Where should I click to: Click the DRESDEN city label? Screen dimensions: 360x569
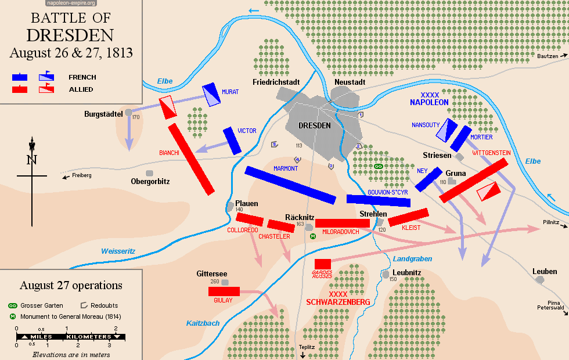pyautogui.click(x=314, y=125)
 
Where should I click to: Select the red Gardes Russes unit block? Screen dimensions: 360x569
pyautogui.click(x=322, y=264)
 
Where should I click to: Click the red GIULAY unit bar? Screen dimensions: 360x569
pyautogui.click(x=224, y=291)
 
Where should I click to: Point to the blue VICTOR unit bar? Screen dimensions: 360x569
pyautogui.click(x=233, y=141)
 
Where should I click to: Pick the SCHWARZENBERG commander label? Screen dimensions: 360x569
pyautogui.click(x=338, y=303)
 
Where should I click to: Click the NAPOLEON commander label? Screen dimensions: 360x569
pyautogui.click(x=429, y=102)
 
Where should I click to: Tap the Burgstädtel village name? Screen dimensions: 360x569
pyautogui.click(x=104, y=114)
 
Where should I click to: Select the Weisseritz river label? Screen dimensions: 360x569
pyautogui.click(x=118, y=251)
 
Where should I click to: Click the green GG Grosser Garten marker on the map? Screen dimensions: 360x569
pyautogui.click(x=379, y=166)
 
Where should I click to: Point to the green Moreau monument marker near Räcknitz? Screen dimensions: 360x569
pyautogui.click(x=313, y=236)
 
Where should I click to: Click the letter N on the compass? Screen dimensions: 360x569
pyautogui.click(x=31, y=160)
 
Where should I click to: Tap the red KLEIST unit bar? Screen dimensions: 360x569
pyautogui.click(x=408, y=217)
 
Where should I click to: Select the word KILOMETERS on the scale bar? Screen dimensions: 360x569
pyautogui.click(x=89, y=337)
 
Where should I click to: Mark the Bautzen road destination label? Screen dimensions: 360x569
pyautogui.click(x=547, y=56)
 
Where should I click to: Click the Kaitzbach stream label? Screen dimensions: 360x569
pyautogui.click(x=203, y=323)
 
